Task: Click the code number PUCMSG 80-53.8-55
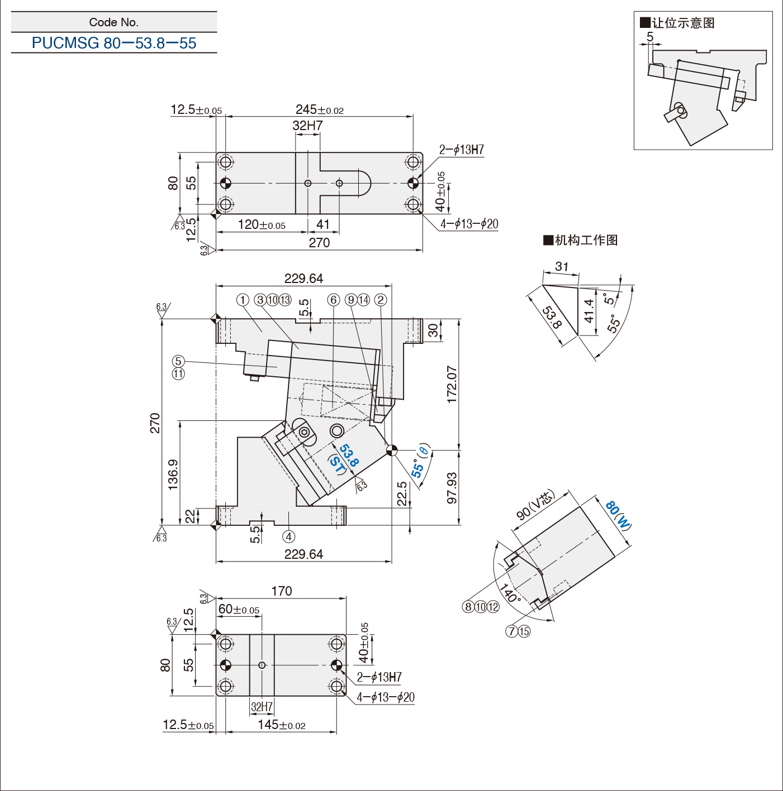[x=114, y=43]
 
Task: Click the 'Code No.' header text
[x=114, y=22]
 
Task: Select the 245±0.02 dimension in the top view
[x=319, y=109]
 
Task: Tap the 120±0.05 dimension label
[x=262, y=224]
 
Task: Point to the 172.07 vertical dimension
[x=452, y=384]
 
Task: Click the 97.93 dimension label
[x=452, y=488]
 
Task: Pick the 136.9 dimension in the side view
[x=173, y=474]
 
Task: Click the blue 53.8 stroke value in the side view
[x=349, y=455]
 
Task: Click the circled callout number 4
[x=288, y=536]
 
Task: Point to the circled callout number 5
[x=178, y=361]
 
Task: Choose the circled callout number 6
[x=333, y=300]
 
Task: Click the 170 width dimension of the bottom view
[x=282, y=591]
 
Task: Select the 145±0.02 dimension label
[x=282, y=725]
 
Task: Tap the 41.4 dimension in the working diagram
[x=589, y=311]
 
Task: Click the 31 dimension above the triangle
[x=562, y=266]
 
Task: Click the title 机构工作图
[x=581, y=240]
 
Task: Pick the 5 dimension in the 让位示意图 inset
[x=650, y=37]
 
